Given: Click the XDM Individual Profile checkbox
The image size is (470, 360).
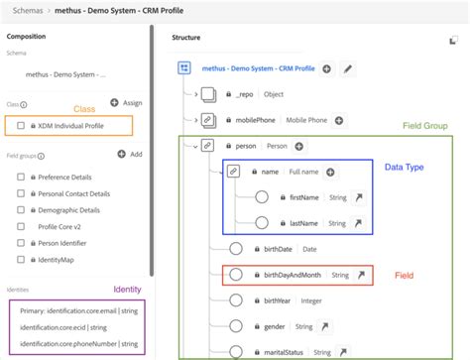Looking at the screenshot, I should tap(21, 126).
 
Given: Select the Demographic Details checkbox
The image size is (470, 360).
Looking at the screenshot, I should tap(21, 210).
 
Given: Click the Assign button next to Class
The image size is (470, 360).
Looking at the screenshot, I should tap(126, 102).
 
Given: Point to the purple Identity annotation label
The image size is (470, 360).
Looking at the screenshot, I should tap(126, 289).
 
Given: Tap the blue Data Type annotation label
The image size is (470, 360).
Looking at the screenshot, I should tap(407, 168).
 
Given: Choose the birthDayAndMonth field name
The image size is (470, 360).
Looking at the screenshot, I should tap(293, 275).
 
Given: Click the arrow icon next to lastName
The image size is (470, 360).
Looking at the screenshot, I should tap(358, 223).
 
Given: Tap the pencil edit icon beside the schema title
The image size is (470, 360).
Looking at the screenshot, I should tap(347, 68).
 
